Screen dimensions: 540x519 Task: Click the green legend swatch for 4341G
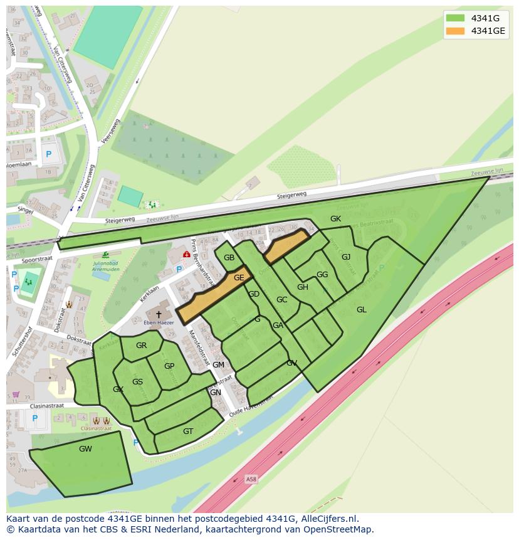coord(455,18)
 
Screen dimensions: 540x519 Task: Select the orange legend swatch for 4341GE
coord(455,31)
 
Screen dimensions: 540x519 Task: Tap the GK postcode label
coord(335,218)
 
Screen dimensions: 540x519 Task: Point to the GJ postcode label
coord(346,257)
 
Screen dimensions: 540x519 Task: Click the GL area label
coord(361,309)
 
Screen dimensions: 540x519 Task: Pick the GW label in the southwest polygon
coord(85,449)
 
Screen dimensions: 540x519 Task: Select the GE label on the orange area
coord(239,277)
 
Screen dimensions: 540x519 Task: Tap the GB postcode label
coord(229,258)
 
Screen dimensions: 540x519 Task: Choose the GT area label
coord(188,431)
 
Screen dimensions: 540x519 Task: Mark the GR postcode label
coord(141,346)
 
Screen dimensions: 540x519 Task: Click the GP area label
coord(169,366)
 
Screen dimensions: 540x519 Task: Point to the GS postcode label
coord(137,381)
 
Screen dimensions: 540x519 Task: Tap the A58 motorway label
coord(251,479)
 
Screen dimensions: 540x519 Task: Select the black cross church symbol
coord(159,314)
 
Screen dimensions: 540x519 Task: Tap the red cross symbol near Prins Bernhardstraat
coord(186,254)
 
